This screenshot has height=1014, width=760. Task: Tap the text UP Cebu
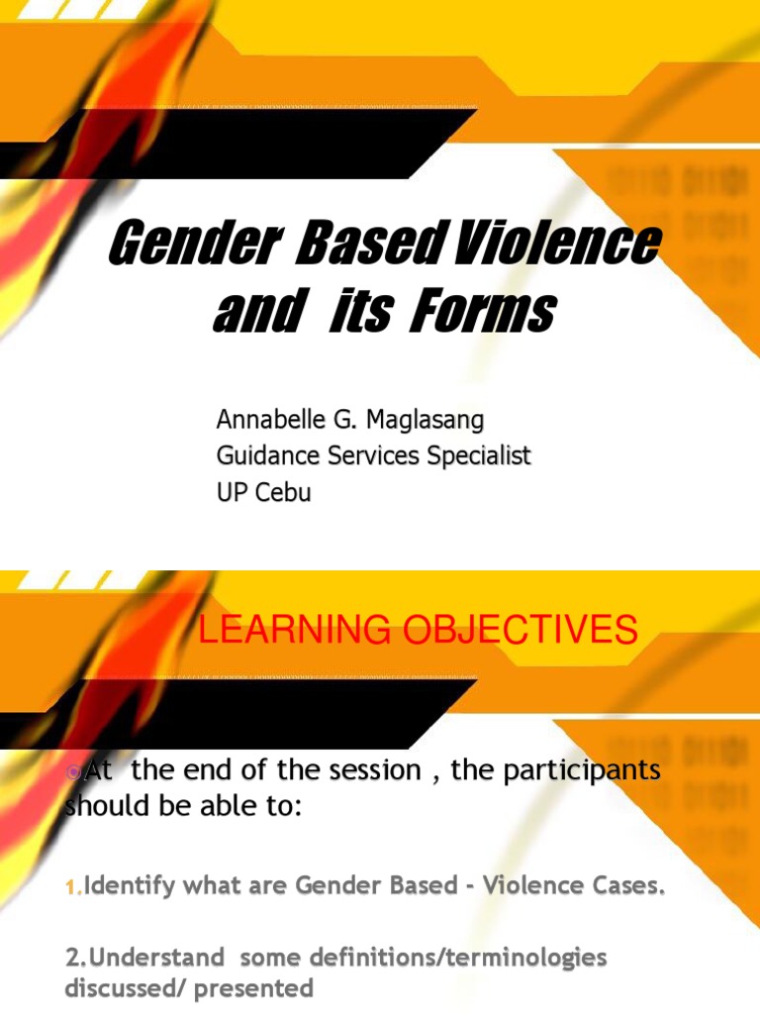[x=263, y=492]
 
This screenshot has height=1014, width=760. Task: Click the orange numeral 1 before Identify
[x=72, y=889]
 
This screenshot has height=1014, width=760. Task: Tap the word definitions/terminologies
[x=436, y=958]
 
